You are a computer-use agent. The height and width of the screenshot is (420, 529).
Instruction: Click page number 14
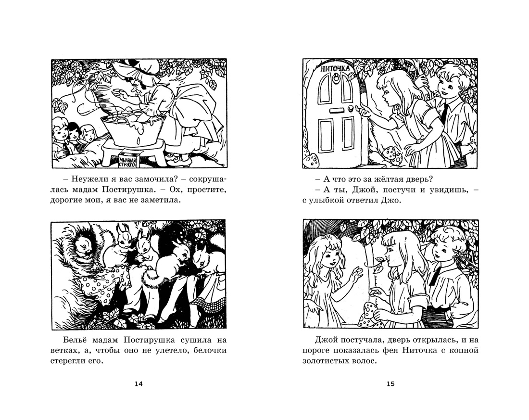click(139, 384)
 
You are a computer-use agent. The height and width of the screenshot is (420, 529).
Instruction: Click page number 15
click(390, 384)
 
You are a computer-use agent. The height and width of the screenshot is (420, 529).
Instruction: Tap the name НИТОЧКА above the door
click(335, 68)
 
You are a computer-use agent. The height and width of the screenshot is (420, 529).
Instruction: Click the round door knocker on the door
click(337, 79)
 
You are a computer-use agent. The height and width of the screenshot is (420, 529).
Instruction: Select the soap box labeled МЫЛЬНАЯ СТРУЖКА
click(128, 160)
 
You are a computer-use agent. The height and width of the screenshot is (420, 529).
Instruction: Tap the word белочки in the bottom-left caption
click(211, 350)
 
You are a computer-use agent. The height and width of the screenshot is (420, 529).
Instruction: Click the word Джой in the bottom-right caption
click(324, 340)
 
